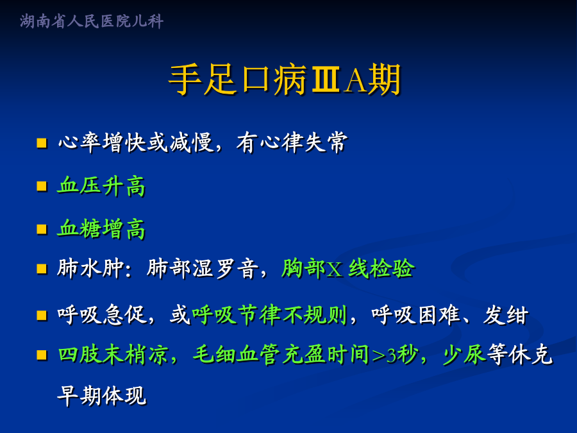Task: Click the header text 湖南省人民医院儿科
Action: pyautogui.click(x=92, y=21)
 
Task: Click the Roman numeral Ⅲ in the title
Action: pyautogui.click(x=326, y=80)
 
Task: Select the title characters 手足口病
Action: pyautogui.click(x=238, y=80)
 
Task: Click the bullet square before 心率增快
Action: pyautogui.click(x=42, y=143)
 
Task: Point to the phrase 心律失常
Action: pyautogui.click(x=303, y=142)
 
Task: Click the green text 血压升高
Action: pyautogui.click(x=101, y=186)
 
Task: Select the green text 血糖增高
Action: pyautogui.click(x=101, y=228)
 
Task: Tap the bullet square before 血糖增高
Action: pyautogui.click(x=42, y=230)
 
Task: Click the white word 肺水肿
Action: pyautogui.click(x=90, y=268)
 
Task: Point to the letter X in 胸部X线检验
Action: pyautogui.click(x=335, y=269)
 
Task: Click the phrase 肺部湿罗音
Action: pyautogui.click(x=202, y=268)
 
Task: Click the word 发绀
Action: pyautogui.click(x=506, y=315)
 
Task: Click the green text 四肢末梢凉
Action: pyautogui.click(x=113, y=355)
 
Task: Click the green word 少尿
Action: pyautogui.click(x=465, y=355)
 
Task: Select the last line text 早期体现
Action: pyautogui.click(x=101, y=396)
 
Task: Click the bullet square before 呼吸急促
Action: pyautogui.click(x=42, y=316)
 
